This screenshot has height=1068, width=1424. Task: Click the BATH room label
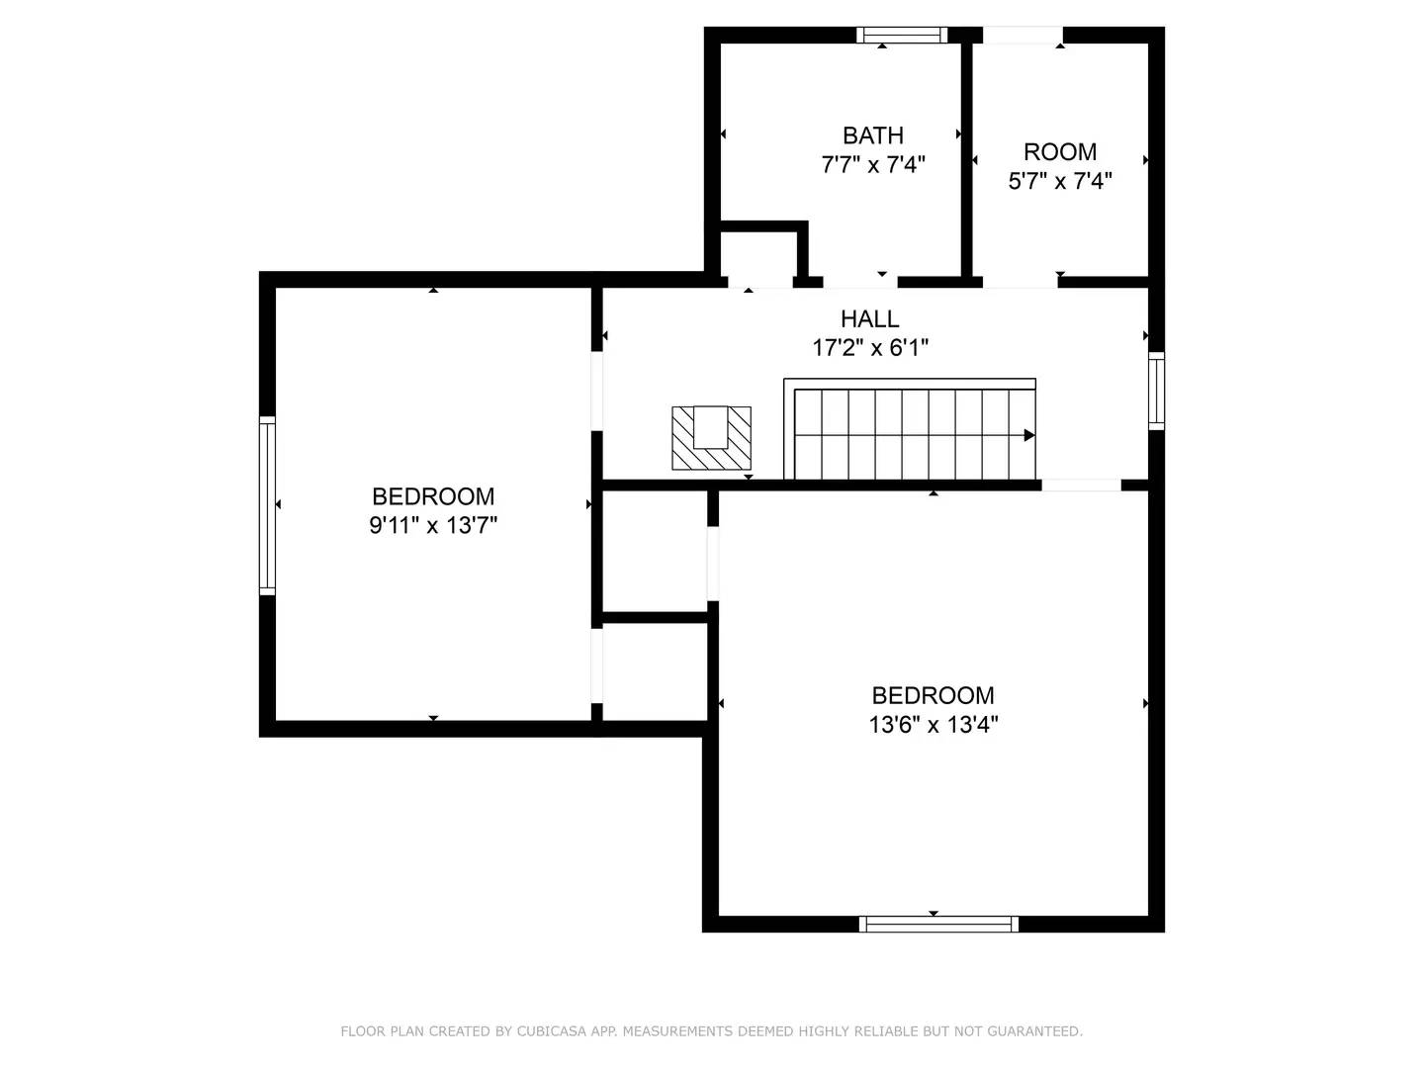coord(872,135)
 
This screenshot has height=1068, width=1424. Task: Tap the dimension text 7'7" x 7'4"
coord(872,164)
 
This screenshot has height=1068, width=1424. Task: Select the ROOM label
coord(1059,152)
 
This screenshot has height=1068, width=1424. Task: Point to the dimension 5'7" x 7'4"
coord(1059,181)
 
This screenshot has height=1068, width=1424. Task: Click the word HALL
coord(869,318)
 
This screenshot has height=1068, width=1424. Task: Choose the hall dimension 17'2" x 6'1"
coord(869,347)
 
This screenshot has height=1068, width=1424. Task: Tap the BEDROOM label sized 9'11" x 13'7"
coord(433,496)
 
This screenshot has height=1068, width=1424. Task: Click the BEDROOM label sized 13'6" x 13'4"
coord(933,695)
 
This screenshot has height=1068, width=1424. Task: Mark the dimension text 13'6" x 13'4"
coord(933,724)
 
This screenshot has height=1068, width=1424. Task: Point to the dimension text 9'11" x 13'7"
coord(433,525)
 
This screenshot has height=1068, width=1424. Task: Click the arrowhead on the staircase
coord(1028,435)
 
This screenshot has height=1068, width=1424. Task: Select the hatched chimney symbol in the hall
coord(711,438)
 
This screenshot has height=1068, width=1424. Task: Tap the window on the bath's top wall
coord(902,36)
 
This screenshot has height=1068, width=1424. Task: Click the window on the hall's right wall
coord(1156,390)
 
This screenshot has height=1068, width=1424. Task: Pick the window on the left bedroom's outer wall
coord(267,505)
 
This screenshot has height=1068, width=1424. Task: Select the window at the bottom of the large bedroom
coord(937,924)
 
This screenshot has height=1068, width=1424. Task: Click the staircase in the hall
coord(910,431)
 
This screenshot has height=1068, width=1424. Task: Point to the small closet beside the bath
coord(758,255)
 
